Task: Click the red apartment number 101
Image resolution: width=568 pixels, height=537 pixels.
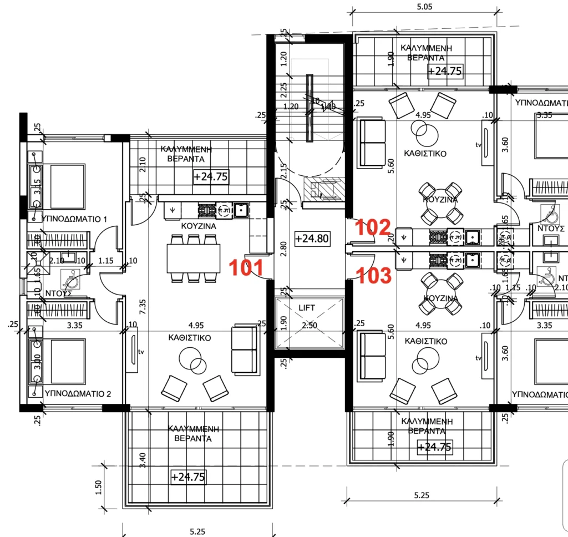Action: [x=247, y=267]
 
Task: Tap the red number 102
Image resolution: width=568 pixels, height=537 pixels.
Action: [x=373, y=227]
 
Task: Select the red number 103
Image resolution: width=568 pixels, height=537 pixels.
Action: [x=373, y=276]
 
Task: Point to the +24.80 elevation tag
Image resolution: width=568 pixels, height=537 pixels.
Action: [x=312, y=239]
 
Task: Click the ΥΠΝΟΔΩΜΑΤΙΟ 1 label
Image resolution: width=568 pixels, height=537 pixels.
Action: [x=74, y=219]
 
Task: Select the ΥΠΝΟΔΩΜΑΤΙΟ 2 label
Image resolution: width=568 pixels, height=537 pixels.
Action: [x=78, y=394]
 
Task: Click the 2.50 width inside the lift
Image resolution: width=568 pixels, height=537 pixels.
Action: [x=309, y=326]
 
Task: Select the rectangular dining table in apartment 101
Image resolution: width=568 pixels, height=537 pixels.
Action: [x=193, y=258]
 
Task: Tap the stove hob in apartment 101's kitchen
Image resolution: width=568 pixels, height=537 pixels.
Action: [x=206, y=210]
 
